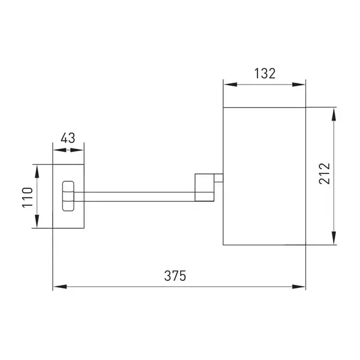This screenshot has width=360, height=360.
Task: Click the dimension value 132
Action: click(265, 74)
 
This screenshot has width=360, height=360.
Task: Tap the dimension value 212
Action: click(325, 173)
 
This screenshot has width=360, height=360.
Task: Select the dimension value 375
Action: click(175, 276)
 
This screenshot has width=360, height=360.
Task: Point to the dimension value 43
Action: click(68, 138)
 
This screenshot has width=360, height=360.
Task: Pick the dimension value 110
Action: click(28, 197)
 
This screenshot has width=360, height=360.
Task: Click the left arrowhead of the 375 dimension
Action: click(60, 287)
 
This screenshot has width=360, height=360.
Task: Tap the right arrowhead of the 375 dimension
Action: click(298, 287)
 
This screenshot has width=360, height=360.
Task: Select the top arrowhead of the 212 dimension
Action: click(334, 115)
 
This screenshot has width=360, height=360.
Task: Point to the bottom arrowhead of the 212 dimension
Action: click(334, 238)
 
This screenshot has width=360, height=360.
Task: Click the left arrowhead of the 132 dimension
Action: click(230, 85)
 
